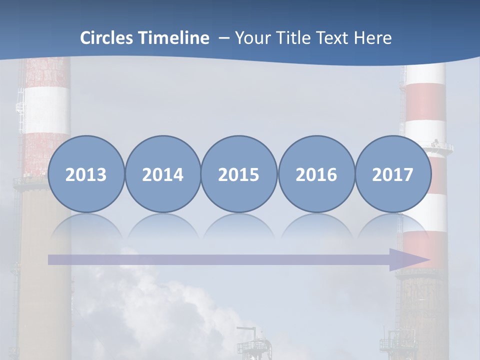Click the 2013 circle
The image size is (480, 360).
coord(86,174)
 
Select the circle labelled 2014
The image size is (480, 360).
coord(163,174)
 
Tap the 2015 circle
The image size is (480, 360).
coord(239,174)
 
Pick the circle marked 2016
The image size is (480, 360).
coord(316,174)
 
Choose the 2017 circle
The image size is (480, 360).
coord(393,174)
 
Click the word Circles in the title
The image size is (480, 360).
coord(107,38)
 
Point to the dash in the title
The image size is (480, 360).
coord(223,38)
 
